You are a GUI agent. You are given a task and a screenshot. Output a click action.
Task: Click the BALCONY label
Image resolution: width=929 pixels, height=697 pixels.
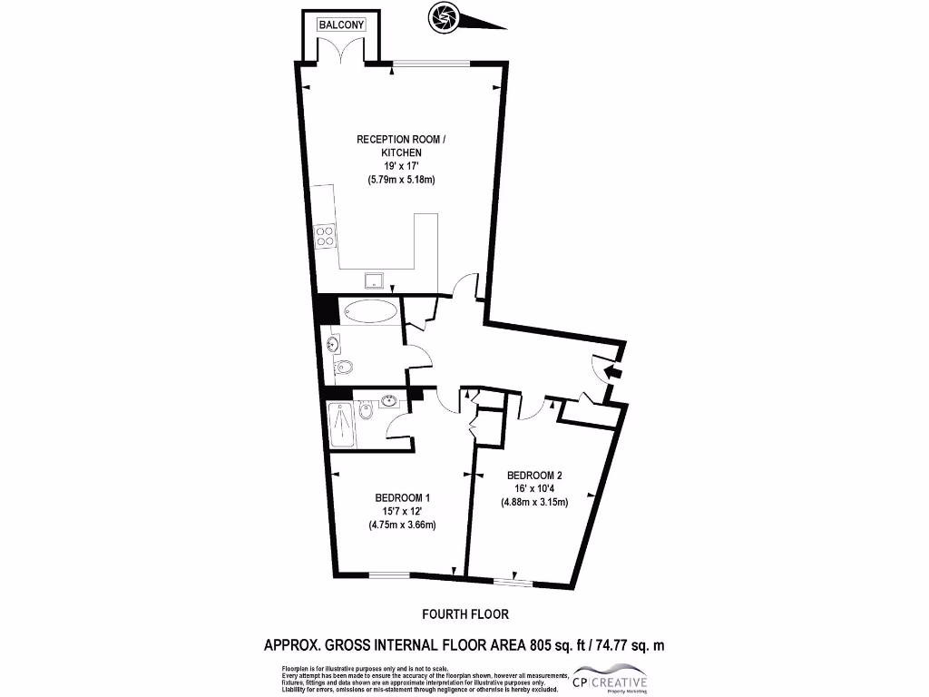[x=341, y=25]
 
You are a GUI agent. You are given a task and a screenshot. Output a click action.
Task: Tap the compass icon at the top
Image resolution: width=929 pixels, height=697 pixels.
[x=445, y=16]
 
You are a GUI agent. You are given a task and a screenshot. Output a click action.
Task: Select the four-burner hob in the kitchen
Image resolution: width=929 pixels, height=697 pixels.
[x=326, y=237]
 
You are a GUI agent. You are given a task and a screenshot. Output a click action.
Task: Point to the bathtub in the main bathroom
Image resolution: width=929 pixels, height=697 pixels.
[x=371, y=311]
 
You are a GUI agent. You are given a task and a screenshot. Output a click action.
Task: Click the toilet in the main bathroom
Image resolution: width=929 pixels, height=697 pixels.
[x=343, y=368]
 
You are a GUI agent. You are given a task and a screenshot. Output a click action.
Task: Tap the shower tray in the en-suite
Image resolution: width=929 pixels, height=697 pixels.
[x=342, y=424]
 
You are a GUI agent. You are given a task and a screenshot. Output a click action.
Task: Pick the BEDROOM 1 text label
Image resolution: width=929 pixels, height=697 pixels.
[x=402, y=497]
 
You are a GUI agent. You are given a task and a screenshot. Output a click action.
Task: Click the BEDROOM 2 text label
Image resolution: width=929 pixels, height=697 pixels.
[x=534, y=476]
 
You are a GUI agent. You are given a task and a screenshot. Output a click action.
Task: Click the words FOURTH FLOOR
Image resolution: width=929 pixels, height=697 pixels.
[x=465, y=614]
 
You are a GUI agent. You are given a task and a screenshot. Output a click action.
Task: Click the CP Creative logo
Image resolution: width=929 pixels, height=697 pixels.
[x=608, y=681]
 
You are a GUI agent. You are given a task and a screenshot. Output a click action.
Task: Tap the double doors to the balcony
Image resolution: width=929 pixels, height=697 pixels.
[x=341, y=53]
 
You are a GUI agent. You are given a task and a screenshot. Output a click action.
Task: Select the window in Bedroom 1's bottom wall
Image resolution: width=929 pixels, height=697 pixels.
[x=388, y=574]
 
